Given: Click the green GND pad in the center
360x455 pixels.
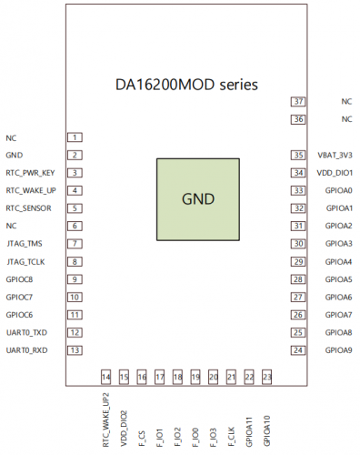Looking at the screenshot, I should point(199,199).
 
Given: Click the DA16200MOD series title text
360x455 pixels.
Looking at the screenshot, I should point(186,84).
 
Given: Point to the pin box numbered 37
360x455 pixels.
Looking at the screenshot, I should point(298,102).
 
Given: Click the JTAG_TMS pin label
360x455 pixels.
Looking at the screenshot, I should point(24,244).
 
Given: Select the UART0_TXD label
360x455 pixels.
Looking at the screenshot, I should point(25,332).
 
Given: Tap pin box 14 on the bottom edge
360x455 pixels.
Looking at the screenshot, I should point(106,376).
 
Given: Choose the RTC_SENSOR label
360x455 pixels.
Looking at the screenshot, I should point(27,208).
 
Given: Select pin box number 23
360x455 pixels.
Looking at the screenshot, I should point(266,376).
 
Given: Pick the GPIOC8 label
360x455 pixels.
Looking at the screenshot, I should point(19,279).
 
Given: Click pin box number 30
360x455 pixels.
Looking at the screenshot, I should point(298,244).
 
